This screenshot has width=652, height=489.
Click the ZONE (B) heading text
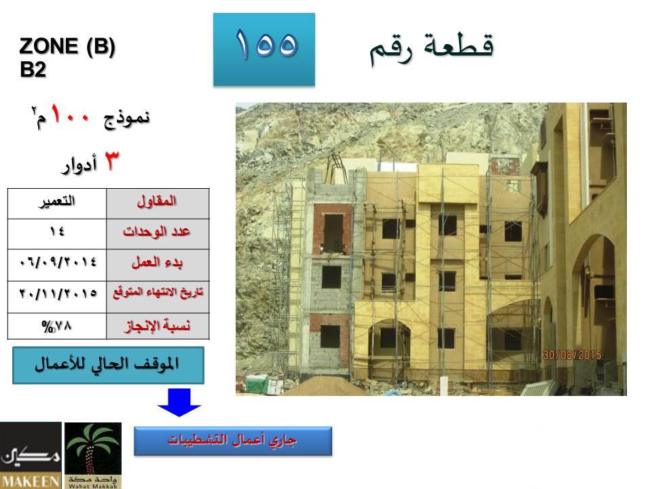(67, 46)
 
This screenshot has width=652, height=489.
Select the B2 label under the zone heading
(33, 69)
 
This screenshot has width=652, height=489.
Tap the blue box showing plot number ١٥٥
(264, 50)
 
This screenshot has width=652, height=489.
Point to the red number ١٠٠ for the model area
(70, 114)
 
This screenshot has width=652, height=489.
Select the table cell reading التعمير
(57, 204)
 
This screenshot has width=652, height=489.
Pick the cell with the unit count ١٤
(57, 234)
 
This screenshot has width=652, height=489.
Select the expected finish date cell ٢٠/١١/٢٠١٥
(57, 297)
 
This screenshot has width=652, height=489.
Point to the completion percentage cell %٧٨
(57, 326)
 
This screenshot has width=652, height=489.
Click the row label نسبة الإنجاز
(158, 326)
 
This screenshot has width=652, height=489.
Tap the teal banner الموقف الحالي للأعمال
(108, 365)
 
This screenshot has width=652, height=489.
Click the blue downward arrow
(179, 403)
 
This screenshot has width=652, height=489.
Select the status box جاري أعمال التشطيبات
(233, 441)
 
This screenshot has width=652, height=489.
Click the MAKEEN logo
(31, 456)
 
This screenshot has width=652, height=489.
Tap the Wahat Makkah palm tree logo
(93, 456)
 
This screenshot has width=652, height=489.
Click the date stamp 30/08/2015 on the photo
(572, 355)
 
